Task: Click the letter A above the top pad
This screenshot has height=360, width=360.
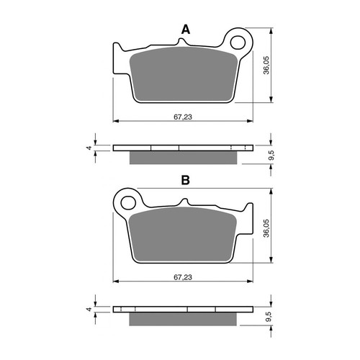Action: pos(185,30)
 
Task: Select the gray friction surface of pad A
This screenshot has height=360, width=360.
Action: pos(184,73)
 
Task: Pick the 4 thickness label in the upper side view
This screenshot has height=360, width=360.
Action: pos(89,148)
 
